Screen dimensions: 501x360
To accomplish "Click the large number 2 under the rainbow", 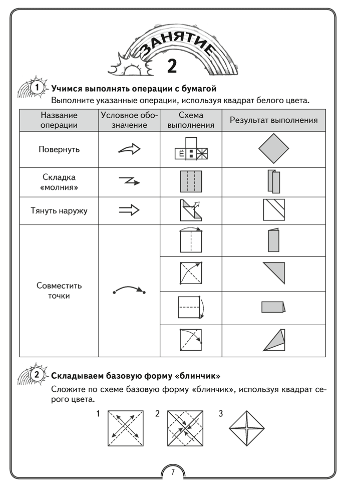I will click(172, 66).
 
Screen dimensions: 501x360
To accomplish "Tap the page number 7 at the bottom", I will click(172, 471).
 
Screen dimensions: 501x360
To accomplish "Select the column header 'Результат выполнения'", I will click(273, 120).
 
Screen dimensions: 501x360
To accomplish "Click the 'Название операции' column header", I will click(59, 120).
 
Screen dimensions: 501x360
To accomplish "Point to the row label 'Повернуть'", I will click(59, 149).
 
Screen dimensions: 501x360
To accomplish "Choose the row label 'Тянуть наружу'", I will click(59, 210).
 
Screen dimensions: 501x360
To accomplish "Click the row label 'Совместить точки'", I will click(59, 291).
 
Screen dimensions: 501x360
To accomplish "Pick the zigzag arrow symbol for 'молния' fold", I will click(129, 180).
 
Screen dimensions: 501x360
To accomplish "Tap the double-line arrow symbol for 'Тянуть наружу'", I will click(129, 211).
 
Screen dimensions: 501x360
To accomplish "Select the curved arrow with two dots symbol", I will click(129, 290).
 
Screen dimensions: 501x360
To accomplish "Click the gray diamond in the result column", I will click(274, 149).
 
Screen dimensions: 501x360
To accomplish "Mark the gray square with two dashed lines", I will click(190, 182).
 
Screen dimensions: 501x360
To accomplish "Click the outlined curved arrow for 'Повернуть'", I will click(129, 149).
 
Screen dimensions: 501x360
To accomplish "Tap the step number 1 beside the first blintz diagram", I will click(99, 414).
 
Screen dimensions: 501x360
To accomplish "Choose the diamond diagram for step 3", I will click(247, 429).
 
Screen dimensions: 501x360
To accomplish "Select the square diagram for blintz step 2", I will click(186, 429).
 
